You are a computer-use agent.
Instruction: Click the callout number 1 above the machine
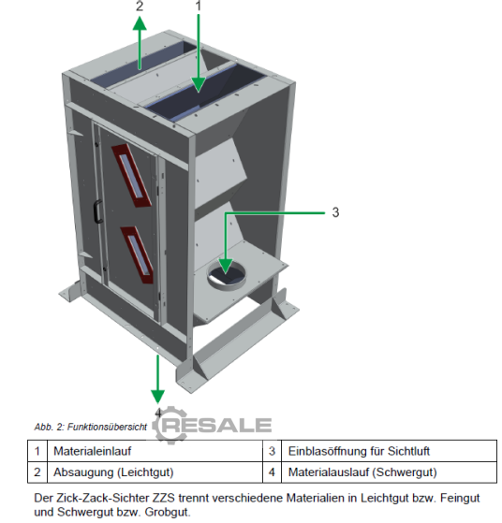pos(199,6)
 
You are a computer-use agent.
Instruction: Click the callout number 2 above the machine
pos(140,6)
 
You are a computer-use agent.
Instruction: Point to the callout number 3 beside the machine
pos(335,212)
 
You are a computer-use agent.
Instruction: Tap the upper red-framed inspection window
pos(132,176)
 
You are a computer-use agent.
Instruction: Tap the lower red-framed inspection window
pos(138,254)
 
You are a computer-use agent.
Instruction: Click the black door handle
pos(97,211)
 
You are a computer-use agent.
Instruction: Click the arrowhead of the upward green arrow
pos(140,24)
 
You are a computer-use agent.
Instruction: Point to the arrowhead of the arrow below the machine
pos(157,397)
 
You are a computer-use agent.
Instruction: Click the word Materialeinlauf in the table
pos(92,451)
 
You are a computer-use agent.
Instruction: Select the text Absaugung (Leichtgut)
pos(113,472)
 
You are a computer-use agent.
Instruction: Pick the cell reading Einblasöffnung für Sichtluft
pos(359,451)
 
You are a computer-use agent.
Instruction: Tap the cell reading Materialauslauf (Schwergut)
pos(362,472)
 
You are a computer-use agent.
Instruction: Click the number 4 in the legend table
pos(272,472)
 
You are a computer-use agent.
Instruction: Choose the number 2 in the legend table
pos(37,472)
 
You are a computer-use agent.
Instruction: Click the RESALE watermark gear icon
pos(169,426)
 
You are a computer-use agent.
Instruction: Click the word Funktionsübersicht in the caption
pos(107,427)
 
